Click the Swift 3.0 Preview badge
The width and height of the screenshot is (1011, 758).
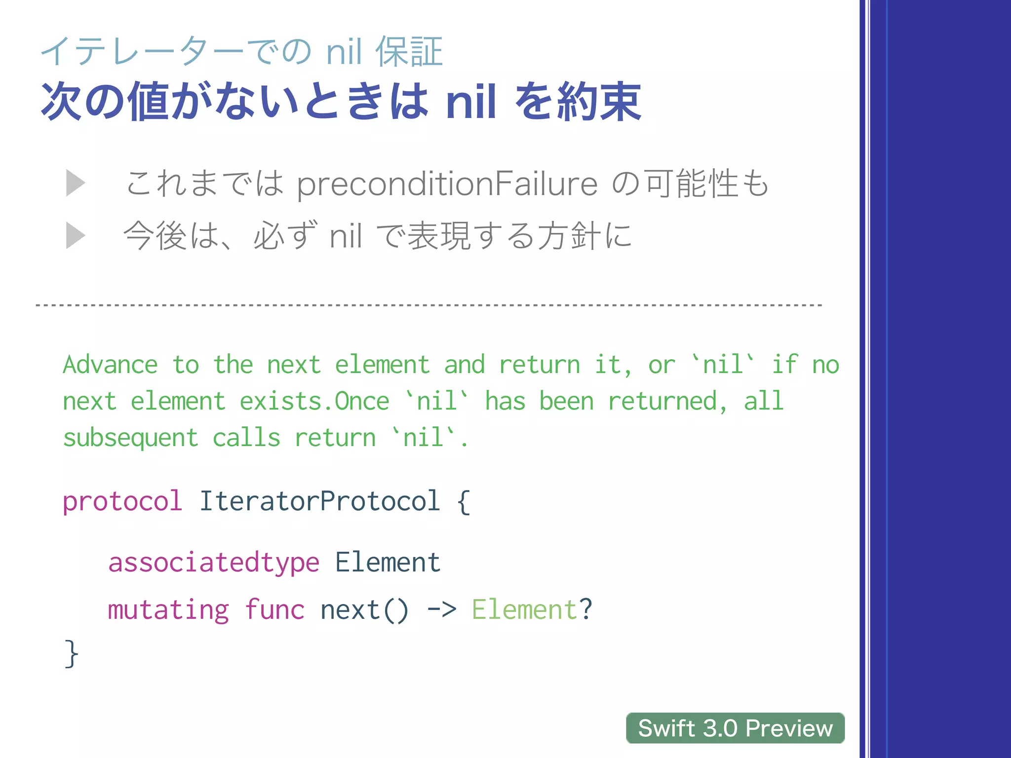tap(735, 728)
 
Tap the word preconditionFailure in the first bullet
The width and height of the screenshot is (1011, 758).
tap(447, 184)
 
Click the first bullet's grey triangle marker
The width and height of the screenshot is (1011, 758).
tap(76, 183)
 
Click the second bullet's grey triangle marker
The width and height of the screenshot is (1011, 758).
tap(76, 235)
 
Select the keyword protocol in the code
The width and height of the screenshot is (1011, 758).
tap(122, 501)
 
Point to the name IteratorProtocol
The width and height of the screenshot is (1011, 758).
tap(319, 501)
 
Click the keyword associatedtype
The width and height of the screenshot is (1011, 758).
tap(214, 563)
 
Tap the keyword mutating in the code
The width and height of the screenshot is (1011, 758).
tap(168, 610)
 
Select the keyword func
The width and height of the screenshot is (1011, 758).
tap(274, 610)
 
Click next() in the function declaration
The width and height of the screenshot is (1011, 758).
tap(364, 610)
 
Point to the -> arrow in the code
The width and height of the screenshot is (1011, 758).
tap(442, 610)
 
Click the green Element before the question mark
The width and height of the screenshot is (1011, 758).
tap(524, 610)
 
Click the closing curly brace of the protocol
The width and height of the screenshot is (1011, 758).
tap(71, 653)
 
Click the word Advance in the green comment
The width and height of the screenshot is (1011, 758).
tap(110, 365)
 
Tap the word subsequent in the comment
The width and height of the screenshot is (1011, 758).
tap(130, 438)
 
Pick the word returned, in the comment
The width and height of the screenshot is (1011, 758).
tap(667, 401)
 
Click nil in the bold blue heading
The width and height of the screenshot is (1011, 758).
tap(471, 102)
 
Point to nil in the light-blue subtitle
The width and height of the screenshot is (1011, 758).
tap(344, 52)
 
